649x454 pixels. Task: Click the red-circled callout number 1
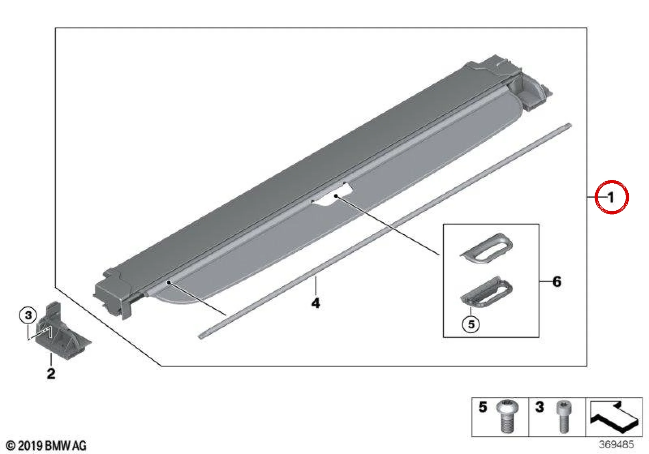tap(611, 197)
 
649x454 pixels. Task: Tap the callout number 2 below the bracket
tap(51, 373)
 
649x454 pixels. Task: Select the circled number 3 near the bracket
tap(28, 315)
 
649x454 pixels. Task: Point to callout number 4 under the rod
tap(316, 303)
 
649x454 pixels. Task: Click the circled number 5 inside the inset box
tap(471, 324)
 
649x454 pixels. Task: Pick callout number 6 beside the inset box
tap(557, 281)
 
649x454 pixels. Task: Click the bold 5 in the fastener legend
tap(483, 407)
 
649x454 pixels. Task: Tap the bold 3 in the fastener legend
tap(539, 407)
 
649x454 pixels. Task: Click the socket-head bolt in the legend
tap(563, 417)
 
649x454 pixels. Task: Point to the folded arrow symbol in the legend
tap(614, 415)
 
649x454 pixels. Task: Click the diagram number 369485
tap(616, 444)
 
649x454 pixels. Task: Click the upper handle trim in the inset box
tap(486, 249)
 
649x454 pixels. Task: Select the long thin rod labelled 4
tap(385, 231)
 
